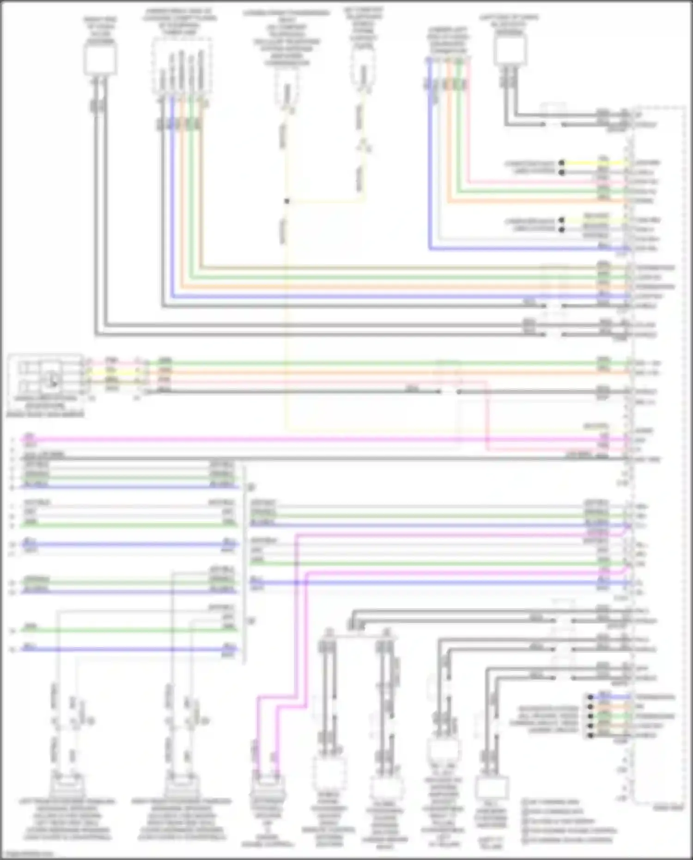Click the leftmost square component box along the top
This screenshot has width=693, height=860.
100,61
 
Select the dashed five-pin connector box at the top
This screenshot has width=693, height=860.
182,69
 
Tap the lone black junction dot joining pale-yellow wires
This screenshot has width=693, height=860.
287,201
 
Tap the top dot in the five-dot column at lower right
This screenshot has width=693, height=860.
590,697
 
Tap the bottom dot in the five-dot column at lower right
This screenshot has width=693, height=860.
590,735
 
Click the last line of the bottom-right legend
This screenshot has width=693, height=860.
568,840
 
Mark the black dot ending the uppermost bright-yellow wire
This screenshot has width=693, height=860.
561,163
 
